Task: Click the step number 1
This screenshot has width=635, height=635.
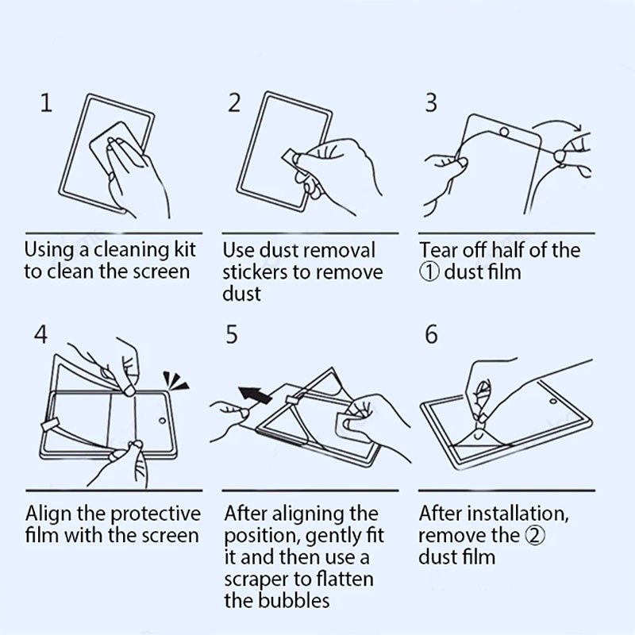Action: [46, 102]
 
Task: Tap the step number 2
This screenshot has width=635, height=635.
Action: [234, 102]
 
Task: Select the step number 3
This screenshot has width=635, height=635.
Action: [431, 102]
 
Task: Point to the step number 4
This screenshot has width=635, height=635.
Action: [40, 334]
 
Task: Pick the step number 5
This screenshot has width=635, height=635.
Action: [232, 334]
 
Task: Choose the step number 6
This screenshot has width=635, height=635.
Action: [431, 334]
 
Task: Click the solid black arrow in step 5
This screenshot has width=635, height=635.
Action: [255, 394]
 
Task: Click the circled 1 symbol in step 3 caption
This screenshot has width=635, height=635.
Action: [429, 272]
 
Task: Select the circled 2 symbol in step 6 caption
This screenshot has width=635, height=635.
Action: [535, 535]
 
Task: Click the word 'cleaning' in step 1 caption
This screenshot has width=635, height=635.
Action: [132, 250]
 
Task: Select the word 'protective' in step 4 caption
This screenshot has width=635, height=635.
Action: [156, 514]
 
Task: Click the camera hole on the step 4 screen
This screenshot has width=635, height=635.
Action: [163, 421]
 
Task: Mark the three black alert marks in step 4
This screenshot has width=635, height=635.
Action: [175, 381]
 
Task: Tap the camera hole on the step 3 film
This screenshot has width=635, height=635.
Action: [504, 132]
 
